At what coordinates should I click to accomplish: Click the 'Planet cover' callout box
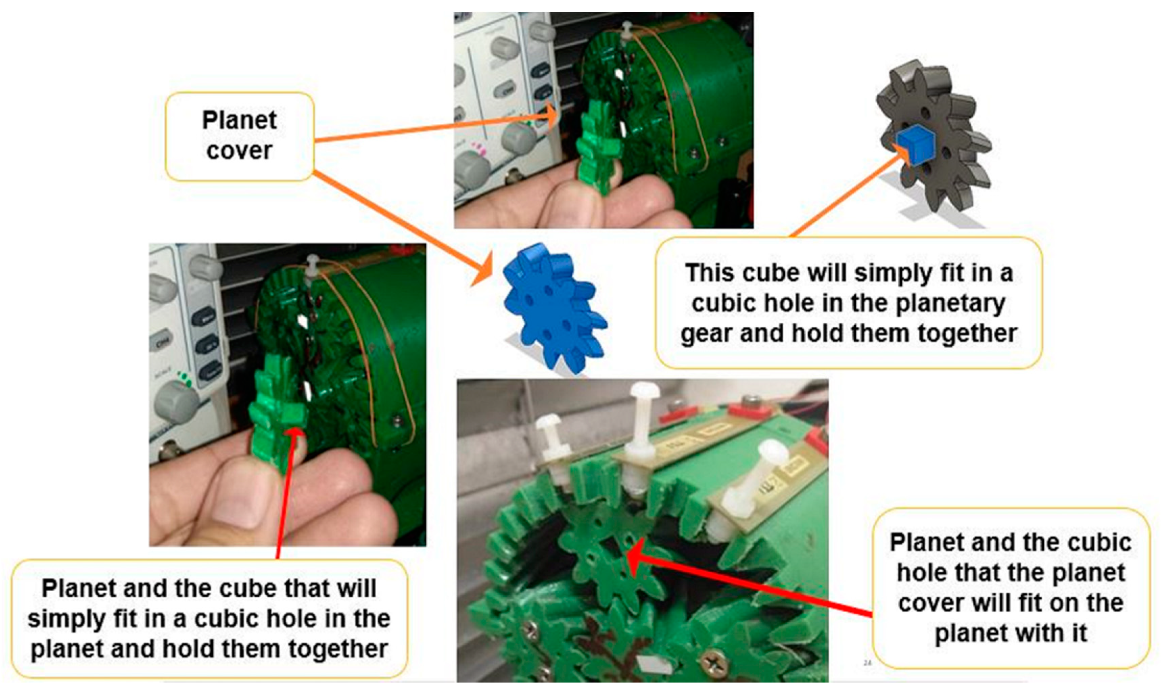[x=239, y=136]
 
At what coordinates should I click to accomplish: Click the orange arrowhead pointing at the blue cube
[x=902, y=154]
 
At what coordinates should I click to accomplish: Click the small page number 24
[x=867, y=663]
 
